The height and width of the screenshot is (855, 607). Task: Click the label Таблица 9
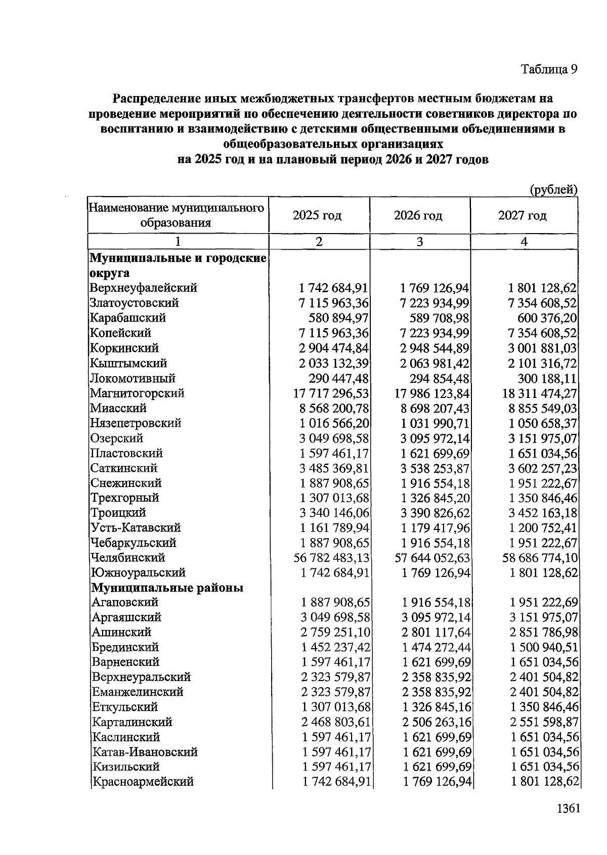549,69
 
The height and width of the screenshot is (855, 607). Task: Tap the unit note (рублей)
553,190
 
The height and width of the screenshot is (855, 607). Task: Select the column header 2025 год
317,216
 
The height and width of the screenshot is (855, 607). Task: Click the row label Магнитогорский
137,393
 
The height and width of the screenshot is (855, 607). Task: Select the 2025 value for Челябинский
331,558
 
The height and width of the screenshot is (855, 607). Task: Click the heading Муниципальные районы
167,588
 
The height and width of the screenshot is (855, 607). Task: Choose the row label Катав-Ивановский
145,752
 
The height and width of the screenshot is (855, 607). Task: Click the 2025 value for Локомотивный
338,378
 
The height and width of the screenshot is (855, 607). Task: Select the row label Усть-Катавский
136,528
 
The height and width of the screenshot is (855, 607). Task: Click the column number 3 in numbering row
419,242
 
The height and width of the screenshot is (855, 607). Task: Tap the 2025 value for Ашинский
335,633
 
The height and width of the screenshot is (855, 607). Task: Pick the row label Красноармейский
143,782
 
